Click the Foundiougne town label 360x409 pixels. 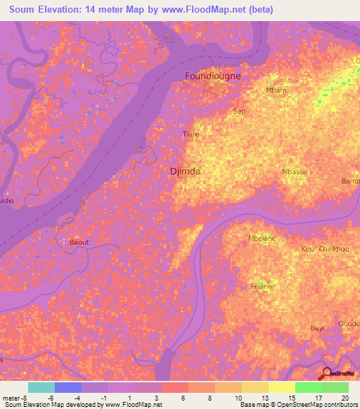tap(212, 75)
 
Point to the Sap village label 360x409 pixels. tap(239, 111)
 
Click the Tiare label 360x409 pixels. tap(191, 134)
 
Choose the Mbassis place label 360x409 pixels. tap(295, 171)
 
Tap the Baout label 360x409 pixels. tap(79, 242)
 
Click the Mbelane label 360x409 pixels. tap(262, 238)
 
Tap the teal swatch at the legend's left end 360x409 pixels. tap(41, 387)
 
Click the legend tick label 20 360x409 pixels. tap(344, 397)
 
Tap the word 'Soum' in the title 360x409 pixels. tap(25, 10)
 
